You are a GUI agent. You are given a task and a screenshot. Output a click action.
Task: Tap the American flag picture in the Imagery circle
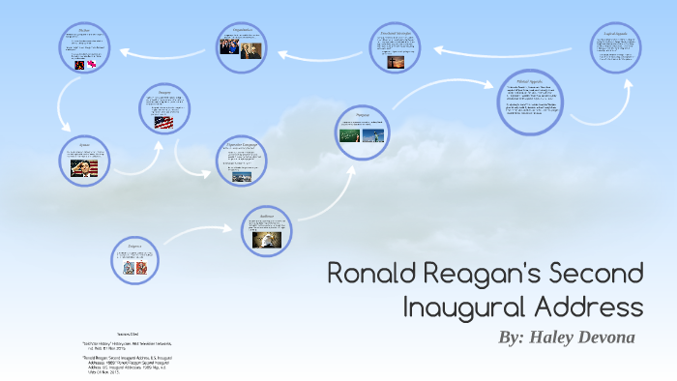(x=162, y=123)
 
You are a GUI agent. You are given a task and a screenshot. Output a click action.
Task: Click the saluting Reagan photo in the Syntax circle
(x=83, y=168)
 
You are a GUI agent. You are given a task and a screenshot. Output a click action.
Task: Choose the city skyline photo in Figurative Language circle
(x=242, y=177)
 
